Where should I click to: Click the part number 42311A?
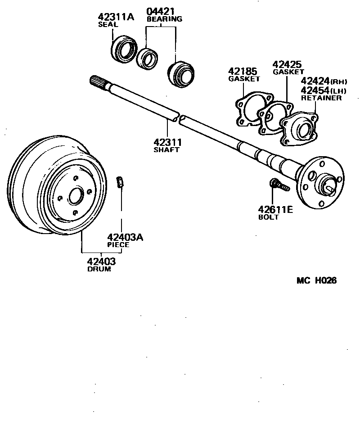click(116, 17)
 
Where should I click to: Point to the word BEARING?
click(164, 19)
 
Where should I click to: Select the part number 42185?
click(243, 71)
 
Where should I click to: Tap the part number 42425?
click(287, 64)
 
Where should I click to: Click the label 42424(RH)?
click(324, 81)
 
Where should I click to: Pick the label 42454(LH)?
click(324, 90)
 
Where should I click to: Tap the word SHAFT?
click(166, 150)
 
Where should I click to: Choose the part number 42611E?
click(275, 209)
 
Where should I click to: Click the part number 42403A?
click(125, 237)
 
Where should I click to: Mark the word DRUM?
click(99, 269)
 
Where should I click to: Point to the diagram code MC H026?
click(316, 280)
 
